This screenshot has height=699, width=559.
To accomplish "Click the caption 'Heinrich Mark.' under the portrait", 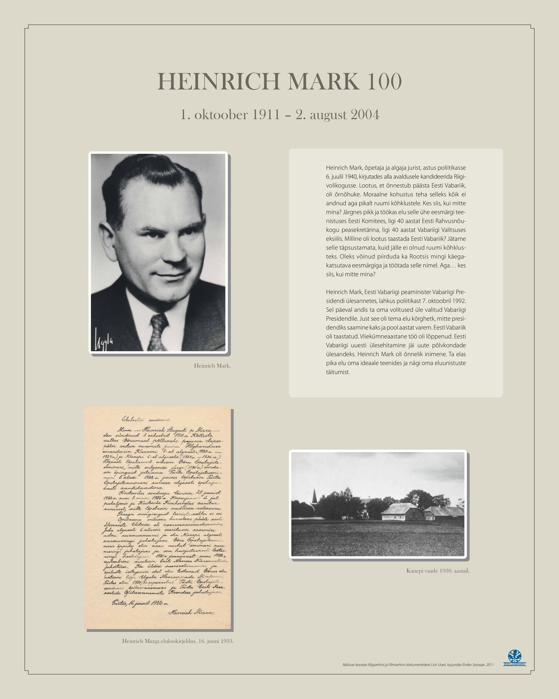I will point(212,366).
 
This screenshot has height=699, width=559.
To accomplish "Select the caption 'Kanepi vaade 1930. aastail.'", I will point(438,571).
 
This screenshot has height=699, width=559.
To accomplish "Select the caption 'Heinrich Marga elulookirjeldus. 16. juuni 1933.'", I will point(178,641).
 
